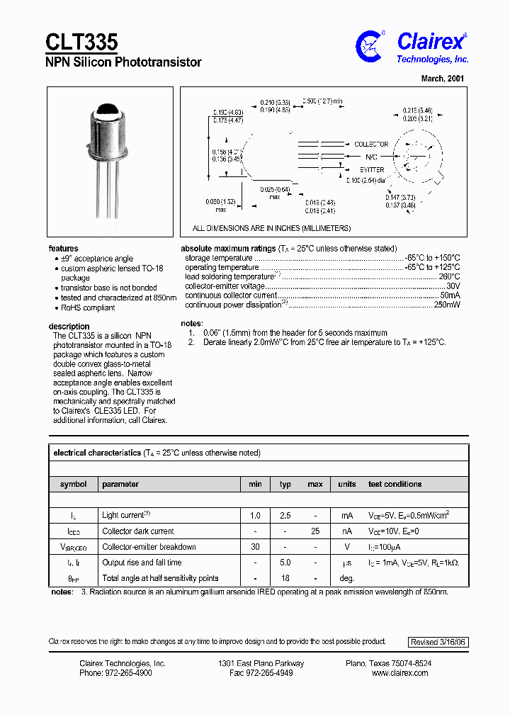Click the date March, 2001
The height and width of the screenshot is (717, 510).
[443, 79]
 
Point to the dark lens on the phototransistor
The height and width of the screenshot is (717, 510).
[108, 110]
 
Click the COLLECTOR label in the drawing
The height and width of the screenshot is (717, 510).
[371, 145]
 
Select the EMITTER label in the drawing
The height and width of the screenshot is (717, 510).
[371, 170]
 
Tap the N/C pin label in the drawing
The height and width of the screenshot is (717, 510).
[371, 157]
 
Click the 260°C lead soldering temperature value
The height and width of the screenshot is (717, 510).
[449, 277]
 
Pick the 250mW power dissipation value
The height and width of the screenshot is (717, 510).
[446, 305]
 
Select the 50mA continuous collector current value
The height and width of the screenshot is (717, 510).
[450, 295]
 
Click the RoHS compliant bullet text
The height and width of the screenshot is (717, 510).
[88, 308]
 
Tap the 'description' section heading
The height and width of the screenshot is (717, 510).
[69, 327]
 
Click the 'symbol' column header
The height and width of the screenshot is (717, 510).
[74, 485]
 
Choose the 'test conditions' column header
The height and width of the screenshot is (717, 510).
[395, 485]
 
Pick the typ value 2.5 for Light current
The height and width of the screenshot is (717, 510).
[285, 516]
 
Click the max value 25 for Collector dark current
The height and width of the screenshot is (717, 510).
[315, 531]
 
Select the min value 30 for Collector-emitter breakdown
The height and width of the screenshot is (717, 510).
[255, 547]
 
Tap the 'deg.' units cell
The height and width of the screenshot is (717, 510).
[346, 578]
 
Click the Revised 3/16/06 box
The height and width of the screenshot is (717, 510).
[438, 642]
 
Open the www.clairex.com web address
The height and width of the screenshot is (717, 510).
[399, 673]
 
